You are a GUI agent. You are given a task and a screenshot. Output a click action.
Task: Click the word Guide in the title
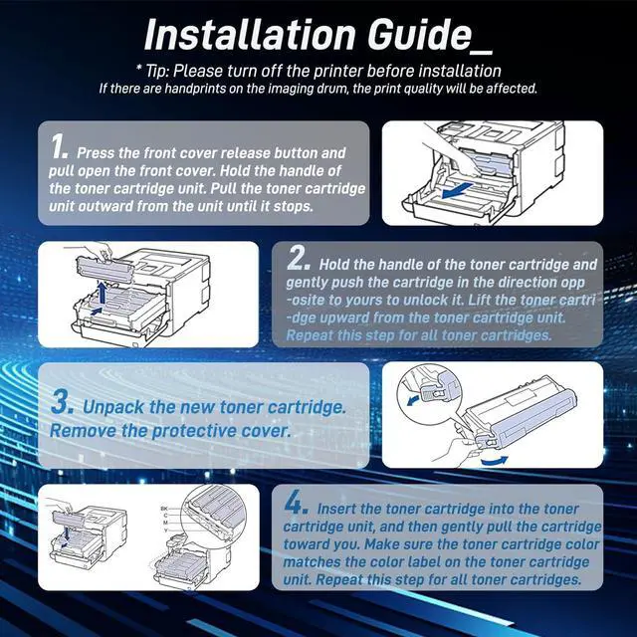click(419, 35)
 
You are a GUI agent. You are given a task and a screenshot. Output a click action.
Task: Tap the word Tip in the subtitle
click(157, 72)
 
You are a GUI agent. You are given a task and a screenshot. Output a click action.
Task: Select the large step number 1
click(58, 146)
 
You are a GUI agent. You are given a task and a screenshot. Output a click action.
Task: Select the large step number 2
click(299, 258)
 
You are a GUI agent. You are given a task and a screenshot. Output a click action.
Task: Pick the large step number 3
click(62, 402)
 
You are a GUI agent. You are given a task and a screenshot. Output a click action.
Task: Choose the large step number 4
click(296, 502)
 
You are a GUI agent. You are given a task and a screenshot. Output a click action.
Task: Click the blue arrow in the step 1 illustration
click(457, 190)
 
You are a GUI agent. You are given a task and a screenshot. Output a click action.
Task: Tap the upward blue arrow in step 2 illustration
click(103, 294)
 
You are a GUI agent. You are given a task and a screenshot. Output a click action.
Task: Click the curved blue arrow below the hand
click(494, 461)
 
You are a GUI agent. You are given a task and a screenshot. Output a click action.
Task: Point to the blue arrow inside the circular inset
click(414, 400)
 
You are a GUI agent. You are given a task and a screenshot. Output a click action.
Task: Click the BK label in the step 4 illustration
click(164, 509)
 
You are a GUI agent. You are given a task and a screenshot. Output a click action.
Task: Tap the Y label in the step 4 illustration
click(165, 531)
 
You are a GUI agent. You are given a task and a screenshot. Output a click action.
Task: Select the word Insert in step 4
click(336, 509)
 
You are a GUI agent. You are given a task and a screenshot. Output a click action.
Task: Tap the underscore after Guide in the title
click(482, 52)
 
